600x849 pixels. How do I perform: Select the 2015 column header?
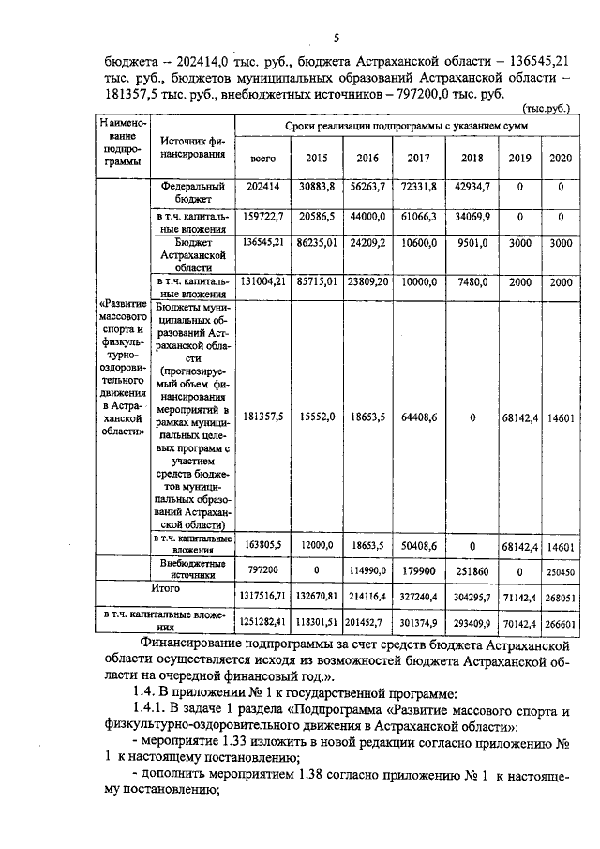317,158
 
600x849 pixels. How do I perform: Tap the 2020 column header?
561,158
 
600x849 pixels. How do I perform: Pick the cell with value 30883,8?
317,187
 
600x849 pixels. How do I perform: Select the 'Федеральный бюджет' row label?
191,192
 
